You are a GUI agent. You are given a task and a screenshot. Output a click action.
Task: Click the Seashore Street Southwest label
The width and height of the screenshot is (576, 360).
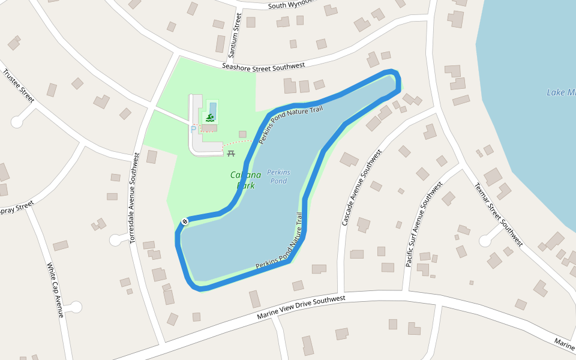point(263,67)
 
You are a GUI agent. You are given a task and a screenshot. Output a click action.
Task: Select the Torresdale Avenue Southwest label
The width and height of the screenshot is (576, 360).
point(134,197)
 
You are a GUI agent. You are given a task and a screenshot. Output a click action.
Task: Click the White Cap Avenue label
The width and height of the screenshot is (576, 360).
point(55,290)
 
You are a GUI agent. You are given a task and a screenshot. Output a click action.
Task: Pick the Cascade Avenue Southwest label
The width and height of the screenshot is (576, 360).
point(361,188)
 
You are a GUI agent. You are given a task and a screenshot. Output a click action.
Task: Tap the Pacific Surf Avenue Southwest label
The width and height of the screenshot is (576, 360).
point(424,224)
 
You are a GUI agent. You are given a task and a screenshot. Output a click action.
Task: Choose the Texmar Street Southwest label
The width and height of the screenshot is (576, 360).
point(499,214)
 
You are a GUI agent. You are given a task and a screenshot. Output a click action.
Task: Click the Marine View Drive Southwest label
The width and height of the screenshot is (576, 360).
point(301,307)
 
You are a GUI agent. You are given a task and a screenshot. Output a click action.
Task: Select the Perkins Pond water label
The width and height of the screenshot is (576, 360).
point(278,176)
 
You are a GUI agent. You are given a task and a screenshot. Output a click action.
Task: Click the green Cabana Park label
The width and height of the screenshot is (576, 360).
point(246,180)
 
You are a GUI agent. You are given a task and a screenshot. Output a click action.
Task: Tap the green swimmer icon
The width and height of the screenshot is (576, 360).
point(210,118)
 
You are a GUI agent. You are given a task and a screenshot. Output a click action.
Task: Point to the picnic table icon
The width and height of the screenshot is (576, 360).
point(231,154)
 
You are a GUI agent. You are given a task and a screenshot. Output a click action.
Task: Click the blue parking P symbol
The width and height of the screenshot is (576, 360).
point(193,129)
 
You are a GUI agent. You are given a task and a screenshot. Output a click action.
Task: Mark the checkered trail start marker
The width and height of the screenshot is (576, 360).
point(185,221)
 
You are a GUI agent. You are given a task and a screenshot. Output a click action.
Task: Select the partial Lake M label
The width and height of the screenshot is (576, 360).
point(561,92)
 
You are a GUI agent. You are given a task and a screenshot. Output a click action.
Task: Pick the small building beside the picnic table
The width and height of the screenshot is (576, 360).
point(242,134)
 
